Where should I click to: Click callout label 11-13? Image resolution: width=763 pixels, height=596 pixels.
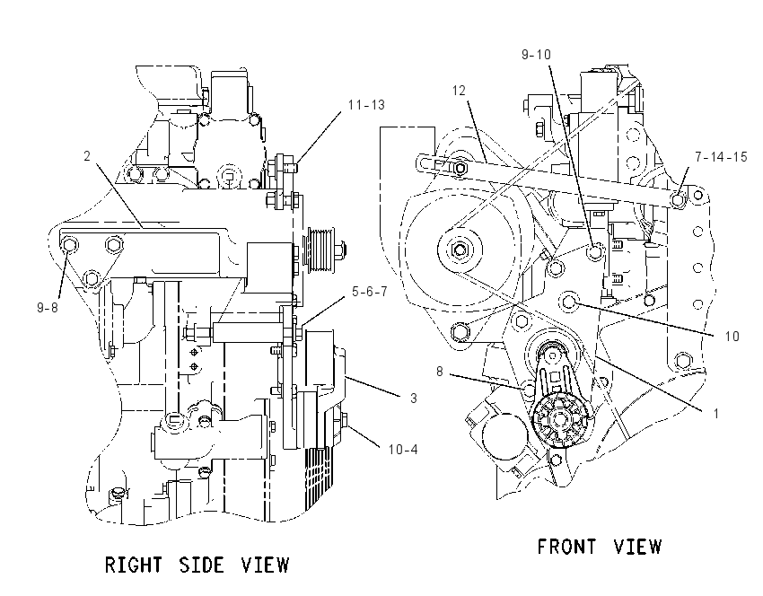click(x=366, y=105)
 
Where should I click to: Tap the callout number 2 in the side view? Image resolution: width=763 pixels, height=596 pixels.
click(x=87, y=156)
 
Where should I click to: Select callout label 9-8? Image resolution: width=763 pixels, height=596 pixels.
click(x=48, y=308)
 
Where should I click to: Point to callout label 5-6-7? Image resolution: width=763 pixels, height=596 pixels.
click(x=370, y=292)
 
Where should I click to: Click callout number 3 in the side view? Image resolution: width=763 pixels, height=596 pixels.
click(x=414, y=399)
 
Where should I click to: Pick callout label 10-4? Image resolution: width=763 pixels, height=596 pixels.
click(x=403, y=449)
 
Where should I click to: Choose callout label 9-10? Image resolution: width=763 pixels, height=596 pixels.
click(x=536, y=55)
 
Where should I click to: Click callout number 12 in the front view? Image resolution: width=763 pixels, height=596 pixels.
click(x=459, y=91)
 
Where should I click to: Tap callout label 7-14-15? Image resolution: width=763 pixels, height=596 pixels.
click(x=721, y=157)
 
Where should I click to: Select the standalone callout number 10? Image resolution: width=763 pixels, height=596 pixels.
click(x=732, y=337)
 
